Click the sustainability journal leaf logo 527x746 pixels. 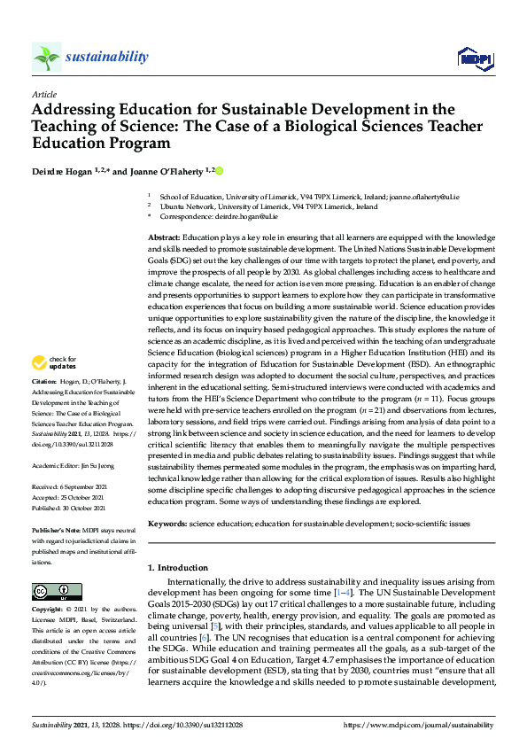click(47, 58)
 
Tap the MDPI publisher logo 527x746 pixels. click(475, 58)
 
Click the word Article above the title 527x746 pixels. click(43, 93)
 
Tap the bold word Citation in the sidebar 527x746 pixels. click(46, 407)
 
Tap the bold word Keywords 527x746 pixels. click(166, 525)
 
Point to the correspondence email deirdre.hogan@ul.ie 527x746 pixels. click(247, 215)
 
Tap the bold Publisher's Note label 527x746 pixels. click(58, 529)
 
